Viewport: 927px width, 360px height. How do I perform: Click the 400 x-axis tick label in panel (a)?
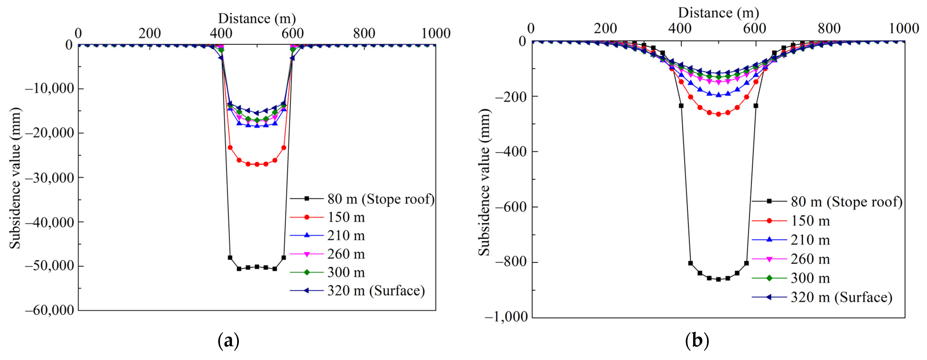(x=221, y=33)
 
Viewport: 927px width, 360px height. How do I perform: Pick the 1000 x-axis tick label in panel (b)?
(x=904, y=28)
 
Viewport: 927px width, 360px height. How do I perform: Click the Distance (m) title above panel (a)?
(x=257, y=18)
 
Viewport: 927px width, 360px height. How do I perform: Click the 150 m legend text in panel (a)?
(x=346, y=217)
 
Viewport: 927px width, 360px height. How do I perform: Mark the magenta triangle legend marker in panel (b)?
(x=769, y=259)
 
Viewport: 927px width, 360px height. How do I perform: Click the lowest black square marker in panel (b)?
(x=718, y=279)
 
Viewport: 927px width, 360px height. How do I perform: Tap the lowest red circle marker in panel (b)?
(x=718, y=114)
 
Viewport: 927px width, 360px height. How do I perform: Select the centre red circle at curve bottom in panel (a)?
(x=257, y=164)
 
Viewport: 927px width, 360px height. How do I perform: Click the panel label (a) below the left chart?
(x=228, y=340)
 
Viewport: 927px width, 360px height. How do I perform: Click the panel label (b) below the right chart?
(x=697, y=340)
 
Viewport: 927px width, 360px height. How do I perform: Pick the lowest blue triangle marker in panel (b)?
(x=718, y=95)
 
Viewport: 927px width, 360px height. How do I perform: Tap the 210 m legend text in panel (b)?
(x=810, y=240)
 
